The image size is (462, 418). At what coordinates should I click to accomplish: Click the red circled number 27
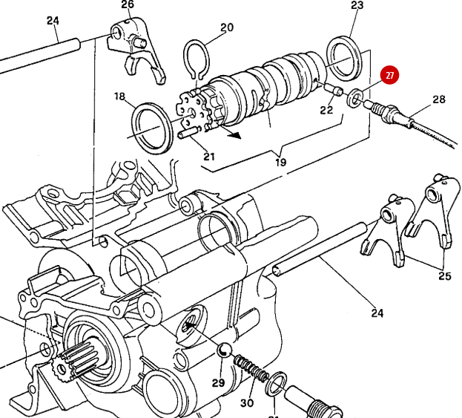[389, 76]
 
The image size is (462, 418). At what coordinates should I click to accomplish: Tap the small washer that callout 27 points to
[356, 97]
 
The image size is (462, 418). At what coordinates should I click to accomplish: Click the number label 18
[120, 97]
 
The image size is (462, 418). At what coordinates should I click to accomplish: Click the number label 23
[357, 6]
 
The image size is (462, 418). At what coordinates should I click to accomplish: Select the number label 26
[128, 5]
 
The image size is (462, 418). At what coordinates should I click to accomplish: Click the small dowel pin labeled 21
[189, 134]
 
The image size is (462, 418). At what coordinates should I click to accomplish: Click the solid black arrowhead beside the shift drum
[236, 134]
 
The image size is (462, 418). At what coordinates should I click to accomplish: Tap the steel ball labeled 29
[224, 350]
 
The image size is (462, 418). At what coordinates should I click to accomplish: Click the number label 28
[439, 99]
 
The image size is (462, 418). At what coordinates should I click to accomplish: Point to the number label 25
[444, 276]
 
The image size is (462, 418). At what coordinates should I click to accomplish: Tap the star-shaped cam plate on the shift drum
[194, 111]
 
